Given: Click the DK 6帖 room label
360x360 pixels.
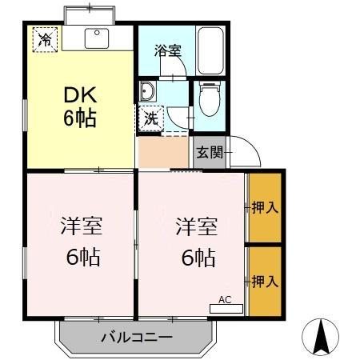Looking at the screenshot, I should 80,106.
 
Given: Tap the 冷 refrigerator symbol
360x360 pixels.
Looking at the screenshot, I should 44,38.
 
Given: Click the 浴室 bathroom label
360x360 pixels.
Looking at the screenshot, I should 167,50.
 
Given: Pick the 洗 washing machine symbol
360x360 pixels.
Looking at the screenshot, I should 150,119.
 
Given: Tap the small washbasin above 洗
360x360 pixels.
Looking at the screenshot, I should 149,90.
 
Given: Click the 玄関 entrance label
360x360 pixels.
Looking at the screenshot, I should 207,152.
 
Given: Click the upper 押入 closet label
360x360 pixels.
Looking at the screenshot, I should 265,207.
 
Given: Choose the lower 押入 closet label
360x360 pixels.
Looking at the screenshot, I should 265,281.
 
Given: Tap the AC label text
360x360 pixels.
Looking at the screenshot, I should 225,299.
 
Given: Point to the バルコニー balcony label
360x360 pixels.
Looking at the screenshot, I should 137,337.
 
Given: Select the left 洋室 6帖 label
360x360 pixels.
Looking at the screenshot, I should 80,241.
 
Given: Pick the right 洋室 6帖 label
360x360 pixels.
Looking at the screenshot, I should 196,241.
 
